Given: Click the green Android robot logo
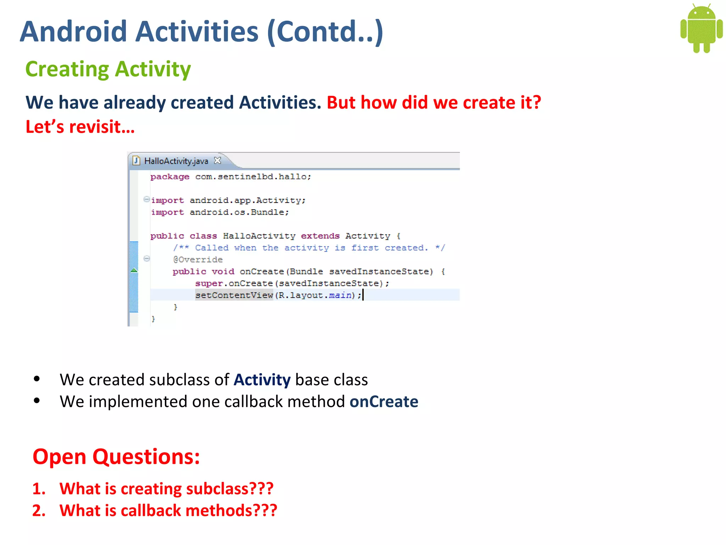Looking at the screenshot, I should coord(701,28).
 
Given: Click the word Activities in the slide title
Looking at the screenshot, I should coord(197,32).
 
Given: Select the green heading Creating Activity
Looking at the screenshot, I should coord(108,69).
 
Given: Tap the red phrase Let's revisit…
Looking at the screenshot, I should coord(80,127).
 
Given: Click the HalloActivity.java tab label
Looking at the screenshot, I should coord(176,161).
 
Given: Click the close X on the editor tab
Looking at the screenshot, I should coord(218,161).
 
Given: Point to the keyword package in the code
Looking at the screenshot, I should coord(169,177).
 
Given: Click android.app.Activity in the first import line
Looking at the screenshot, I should coord(247,200).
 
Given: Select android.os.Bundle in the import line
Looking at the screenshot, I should coord(239,212).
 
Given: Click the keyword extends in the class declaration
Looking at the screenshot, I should coord(320,236).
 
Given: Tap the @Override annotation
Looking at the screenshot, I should coord(198,260).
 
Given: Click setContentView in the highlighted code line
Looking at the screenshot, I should coord(234,295).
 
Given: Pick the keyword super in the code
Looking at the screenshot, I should coord(209,283).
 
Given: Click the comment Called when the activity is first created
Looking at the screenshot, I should coord(308,248).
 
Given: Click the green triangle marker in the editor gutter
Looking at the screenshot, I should coord(134,270).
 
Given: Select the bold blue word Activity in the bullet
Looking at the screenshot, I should coord(262,380).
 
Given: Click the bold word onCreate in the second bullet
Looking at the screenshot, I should coord(384,402).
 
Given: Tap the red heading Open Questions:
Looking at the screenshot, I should coord(116,457).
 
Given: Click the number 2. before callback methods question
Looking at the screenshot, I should coord(39,511).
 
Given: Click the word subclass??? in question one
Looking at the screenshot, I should coord(230,489).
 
